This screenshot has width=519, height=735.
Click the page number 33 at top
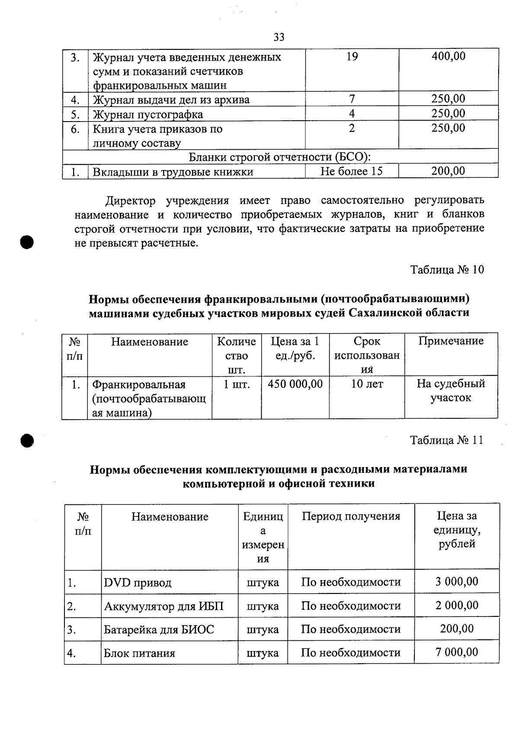coord(279,38)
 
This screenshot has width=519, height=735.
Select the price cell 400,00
coord(449,56)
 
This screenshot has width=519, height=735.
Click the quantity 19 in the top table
coord(352,56)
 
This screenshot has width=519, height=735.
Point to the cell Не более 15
coord(352,171)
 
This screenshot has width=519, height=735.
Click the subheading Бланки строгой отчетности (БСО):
coord(280,157)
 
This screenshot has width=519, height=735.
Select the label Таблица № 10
coord(447,270)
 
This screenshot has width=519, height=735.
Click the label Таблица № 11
coord(447,440)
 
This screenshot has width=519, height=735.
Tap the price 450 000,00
coord(295,384)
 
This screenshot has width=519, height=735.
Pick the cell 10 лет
coord(367,384)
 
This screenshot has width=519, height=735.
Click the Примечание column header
coord(451,341)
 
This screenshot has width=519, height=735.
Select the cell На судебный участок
coord(451,391)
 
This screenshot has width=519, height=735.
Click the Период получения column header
coord(351,516)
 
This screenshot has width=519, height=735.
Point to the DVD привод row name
coord(138,583)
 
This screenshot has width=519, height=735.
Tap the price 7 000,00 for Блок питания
coord(457,652)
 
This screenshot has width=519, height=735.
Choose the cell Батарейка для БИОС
coord(159,629)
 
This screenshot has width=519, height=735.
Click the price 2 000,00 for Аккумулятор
coord(457,606)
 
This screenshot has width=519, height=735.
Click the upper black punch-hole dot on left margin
coord(27,242)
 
